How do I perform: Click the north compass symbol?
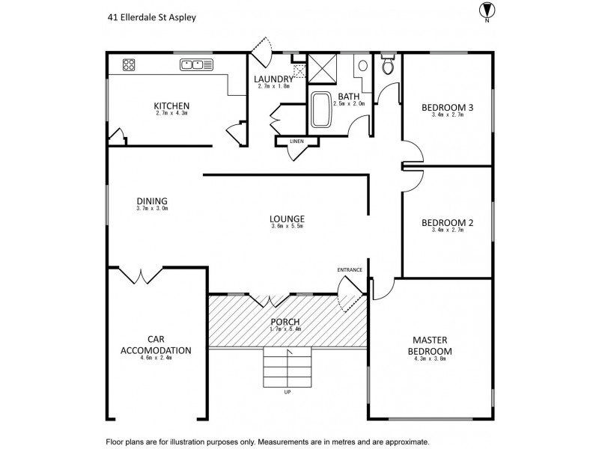point(487,11)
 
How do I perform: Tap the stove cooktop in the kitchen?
point(129,64)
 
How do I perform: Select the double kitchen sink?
point(196,65)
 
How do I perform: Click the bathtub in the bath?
point(320,109)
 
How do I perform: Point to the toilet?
point(387,64)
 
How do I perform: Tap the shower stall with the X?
point(323,69)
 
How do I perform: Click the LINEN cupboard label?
point(297,141)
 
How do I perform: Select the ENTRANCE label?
point(350,269)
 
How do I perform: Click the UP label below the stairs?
point(288,392)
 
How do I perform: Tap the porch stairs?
point(288,367)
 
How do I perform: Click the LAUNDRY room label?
point(273,79)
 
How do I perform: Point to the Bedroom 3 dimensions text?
point(447,114)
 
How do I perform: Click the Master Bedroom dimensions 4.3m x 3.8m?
point(430,359)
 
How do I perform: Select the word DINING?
point(152,201)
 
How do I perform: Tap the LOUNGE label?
point(287,219)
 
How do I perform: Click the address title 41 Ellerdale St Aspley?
point(152,17)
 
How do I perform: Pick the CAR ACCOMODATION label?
point(156,345)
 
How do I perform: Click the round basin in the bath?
point(363,66)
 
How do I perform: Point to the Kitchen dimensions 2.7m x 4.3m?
point(171,113)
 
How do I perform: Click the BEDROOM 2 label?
point(447,222)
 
